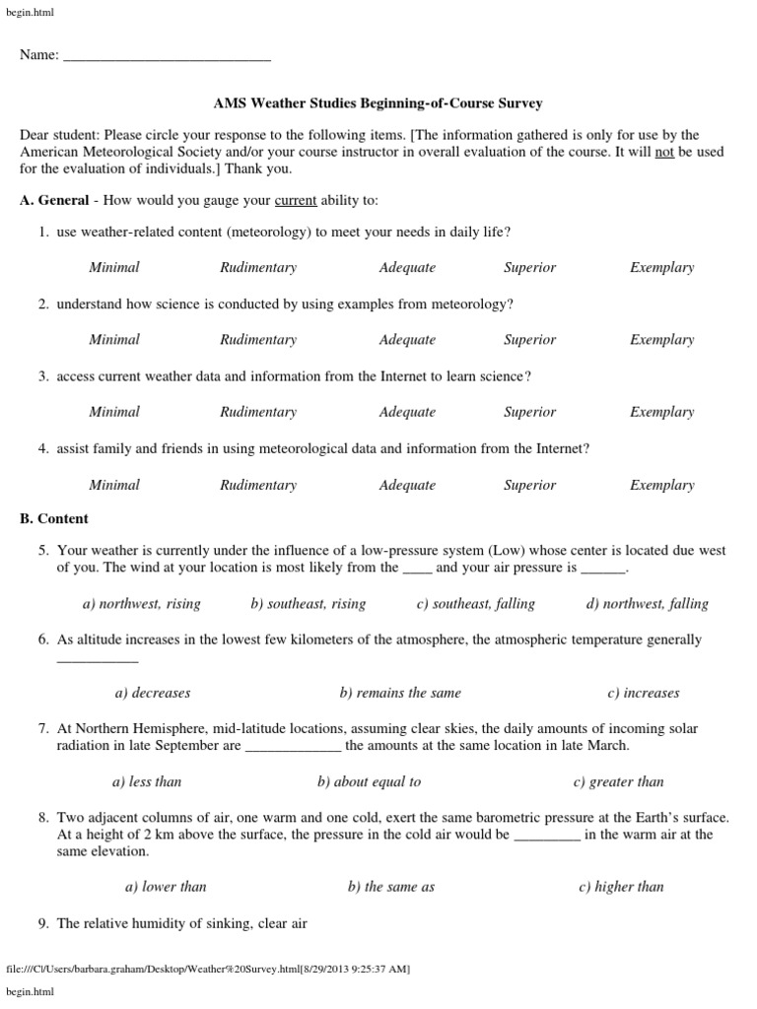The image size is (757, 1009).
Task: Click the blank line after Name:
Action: pos(167,56)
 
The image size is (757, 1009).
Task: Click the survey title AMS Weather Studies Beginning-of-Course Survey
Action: pos(378,102)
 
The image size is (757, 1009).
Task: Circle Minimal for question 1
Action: pos(114,267)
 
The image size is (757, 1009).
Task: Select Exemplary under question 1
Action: pos(661,267)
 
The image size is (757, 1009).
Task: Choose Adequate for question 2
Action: pos(407,340)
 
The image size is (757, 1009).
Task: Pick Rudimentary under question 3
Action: pos(258,412)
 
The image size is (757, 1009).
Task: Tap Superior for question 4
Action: pos(529,485)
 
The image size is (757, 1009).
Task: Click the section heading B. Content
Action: pos(54,518)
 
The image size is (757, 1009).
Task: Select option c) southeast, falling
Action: pos(475,604)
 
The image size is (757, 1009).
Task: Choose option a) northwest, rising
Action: pos(141,604)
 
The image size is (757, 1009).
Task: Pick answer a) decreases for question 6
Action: pos(153,693)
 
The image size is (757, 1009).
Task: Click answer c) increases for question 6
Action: pos(644,693)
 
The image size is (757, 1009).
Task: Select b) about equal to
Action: pos(369,781)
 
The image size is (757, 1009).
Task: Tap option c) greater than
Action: pos(618,781)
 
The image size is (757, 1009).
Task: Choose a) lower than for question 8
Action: pos(166,886)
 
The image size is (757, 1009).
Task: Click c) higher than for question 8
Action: pos(621,886)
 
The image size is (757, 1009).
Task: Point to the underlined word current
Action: pos(296,201)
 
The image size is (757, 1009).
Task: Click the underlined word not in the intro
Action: pos(664,152)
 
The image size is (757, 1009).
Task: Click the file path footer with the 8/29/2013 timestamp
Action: pos(208,970)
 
